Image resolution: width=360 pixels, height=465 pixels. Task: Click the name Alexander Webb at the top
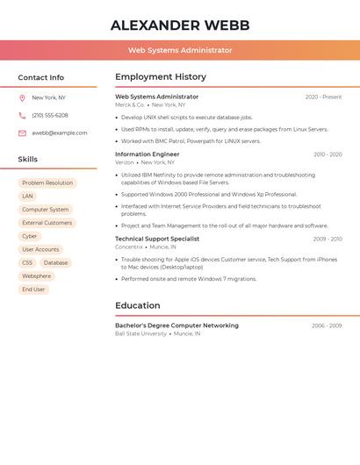tap(180, 25)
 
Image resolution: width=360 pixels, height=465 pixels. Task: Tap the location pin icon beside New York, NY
tap(22, 98)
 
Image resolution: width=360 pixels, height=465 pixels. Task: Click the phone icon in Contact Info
tap(22, 116)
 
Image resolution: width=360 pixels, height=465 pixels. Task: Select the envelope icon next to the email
tap(22, 133)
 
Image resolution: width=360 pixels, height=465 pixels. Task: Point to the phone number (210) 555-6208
tap(50, 116)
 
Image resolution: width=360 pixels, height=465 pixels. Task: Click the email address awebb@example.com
tap(60, 133)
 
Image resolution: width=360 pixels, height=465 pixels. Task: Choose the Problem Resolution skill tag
tap(47, 183)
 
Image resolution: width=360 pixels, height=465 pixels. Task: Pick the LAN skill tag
tap(27, 197)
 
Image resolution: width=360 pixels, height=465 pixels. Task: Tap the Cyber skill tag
tap(30, 236)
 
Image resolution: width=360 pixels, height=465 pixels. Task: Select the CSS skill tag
tap(27, 262)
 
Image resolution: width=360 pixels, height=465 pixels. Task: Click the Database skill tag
tap(55, 262)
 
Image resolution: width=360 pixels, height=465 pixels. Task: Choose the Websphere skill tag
tap(37, 276)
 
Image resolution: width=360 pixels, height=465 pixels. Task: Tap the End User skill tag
tap(33, 290)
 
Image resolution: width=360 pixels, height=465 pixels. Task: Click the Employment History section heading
tap(161, 77)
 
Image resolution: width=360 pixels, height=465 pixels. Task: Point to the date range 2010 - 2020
tap(328, 154)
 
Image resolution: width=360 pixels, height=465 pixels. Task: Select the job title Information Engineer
tap(147, 154)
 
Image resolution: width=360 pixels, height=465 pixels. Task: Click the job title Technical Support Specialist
tap(157, 239)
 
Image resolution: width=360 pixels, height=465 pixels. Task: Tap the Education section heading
tap(138, 305)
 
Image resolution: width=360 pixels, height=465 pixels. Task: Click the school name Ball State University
tap(140, 334)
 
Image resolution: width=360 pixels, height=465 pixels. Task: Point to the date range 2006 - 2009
tap(327, 325)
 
